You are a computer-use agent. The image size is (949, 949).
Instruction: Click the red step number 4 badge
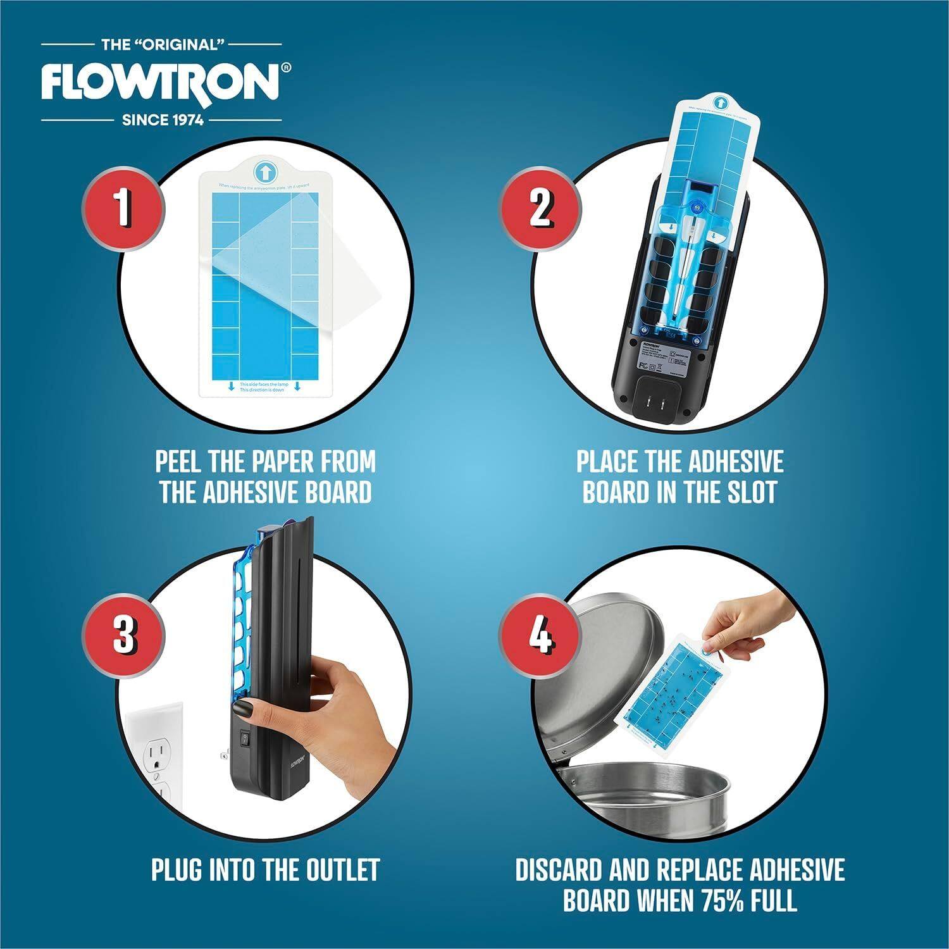point(540,634)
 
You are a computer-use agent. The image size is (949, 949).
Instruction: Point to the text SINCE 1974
point(163,119)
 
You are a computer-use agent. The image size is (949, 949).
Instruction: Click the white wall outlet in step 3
point(155,759)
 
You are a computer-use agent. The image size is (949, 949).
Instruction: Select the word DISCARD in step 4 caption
point(558,870)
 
